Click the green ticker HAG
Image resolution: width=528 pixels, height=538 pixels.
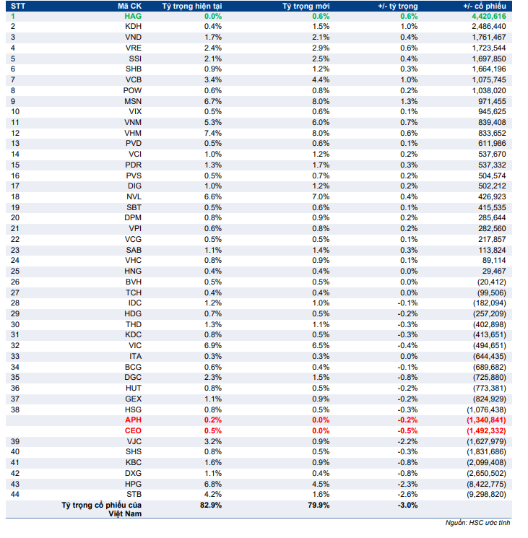coord(133,15)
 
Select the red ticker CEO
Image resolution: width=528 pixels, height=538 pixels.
coord(133,430)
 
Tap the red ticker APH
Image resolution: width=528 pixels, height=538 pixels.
coord(133,420)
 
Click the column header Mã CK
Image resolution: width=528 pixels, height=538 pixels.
coord(129,5)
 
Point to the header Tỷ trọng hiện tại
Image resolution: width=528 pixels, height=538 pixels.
coord(191,5)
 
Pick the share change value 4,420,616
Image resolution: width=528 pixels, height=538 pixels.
coord(488,15)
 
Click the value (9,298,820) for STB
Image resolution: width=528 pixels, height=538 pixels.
coord(486,495)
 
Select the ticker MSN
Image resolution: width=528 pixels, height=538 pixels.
coord(133,101)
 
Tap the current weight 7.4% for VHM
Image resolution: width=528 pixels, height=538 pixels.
coord(212,133)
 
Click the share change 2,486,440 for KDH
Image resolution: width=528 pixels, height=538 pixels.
coord(488,26)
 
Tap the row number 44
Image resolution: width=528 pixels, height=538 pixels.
coord(14,495)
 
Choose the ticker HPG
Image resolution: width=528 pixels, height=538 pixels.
coord(133,484)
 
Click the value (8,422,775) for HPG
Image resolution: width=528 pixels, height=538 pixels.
coord(486,484)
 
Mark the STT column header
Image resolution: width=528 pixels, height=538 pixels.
coord(18,5)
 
